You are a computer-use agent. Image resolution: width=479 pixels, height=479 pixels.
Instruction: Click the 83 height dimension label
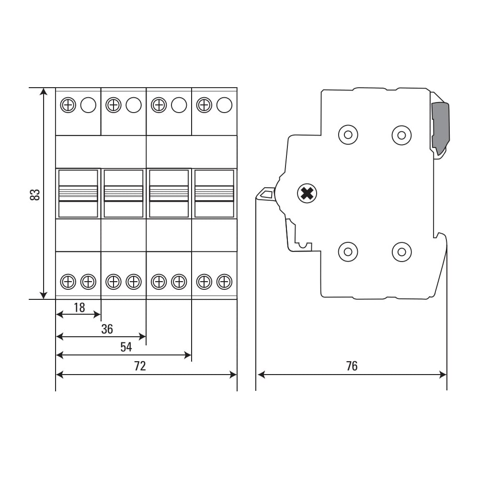click(35, 195)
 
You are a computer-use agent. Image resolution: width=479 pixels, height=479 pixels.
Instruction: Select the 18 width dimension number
click(80, 308)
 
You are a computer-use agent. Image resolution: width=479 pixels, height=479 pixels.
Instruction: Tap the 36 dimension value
click(107, 329)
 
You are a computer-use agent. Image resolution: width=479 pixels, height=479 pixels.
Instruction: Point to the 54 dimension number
click(126, 347)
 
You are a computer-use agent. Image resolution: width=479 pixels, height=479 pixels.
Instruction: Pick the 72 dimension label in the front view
click(140, 365)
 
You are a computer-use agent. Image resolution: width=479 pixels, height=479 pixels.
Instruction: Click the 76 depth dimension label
click(352, 365)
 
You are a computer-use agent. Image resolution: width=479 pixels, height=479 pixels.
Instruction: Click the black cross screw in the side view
click(307, 194)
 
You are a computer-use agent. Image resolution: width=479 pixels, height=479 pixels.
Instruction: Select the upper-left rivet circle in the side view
click(348, 135)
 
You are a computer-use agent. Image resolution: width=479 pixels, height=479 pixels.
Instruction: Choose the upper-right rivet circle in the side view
click(402, 135)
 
